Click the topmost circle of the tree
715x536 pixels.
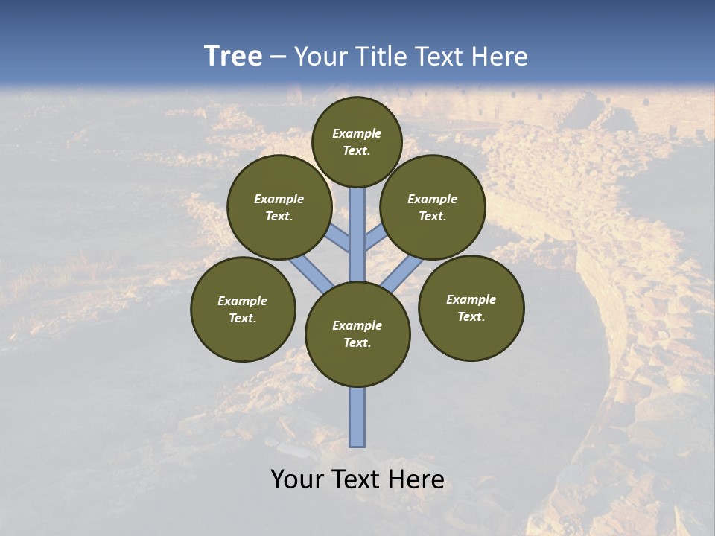357,141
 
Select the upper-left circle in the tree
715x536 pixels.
279,207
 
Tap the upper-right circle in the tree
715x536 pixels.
433,207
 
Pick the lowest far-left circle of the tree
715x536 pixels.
243,309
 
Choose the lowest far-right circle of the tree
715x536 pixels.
471,307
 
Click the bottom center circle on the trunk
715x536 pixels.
357,334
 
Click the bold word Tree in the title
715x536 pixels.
233,56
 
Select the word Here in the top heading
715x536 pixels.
500,57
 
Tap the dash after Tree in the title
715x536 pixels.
278,57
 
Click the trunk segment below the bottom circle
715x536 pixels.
357,417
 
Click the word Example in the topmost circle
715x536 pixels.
357,133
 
